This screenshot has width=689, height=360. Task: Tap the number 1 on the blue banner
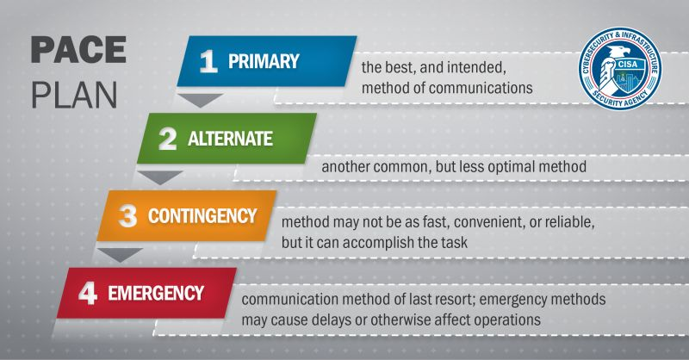pos(208,61)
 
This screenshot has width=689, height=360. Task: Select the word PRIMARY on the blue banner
pos(264,61)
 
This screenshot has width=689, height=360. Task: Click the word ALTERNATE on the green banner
pos(230,139)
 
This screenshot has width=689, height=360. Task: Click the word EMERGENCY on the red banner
pos(156,293)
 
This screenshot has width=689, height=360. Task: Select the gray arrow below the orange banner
pos(121,255)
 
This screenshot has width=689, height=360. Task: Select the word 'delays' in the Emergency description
pos(327,320)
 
